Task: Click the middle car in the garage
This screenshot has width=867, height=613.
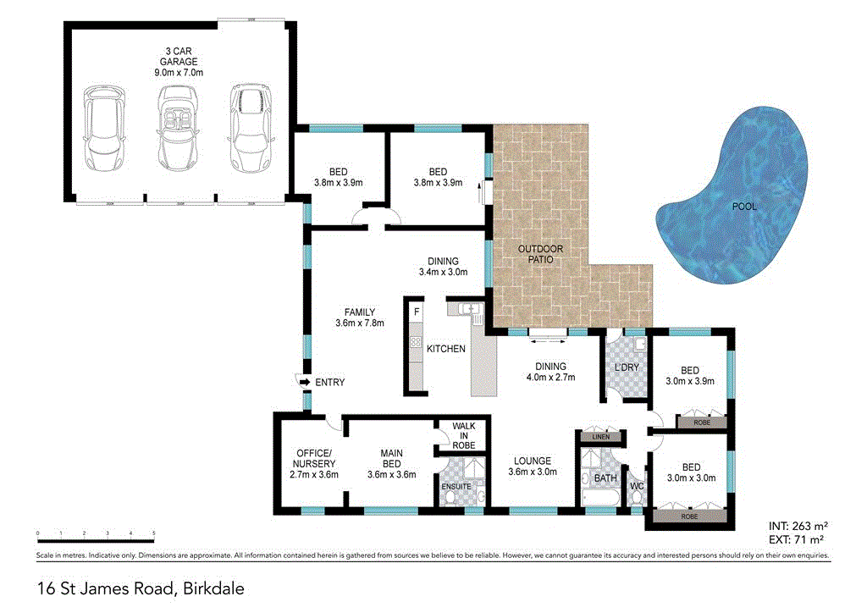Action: pos(175,126)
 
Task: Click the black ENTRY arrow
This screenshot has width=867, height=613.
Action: pos(303,383)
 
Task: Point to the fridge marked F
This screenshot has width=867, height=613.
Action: pos(416,312)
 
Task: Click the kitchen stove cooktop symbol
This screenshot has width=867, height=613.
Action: pos(416,343)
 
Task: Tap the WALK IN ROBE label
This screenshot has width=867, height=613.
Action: pos(464,435)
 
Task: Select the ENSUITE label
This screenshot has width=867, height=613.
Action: pos(456,486)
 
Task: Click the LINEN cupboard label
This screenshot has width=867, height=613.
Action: pos(600,437)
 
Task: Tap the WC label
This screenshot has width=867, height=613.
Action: pos(636,487)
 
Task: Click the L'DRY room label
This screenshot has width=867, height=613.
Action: pos(627,367)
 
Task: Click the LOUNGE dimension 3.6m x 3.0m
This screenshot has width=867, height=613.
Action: pos(534,472)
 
